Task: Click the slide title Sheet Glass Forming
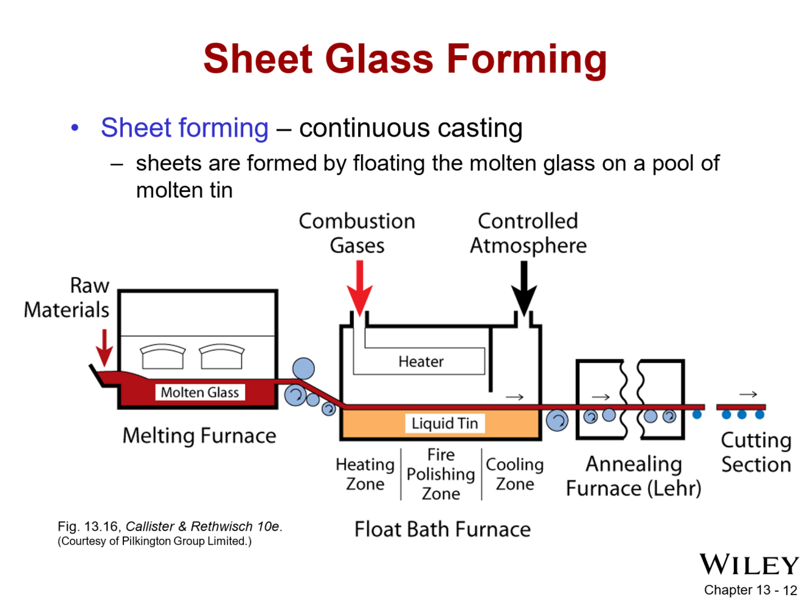point(405,59)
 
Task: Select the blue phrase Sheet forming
point(184,128)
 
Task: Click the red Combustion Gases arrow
point(359,287)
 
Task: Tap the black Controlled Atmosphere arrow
point(523,287)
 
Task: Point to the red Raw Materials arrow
point(105,347)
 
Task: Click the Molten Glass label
point(199,392)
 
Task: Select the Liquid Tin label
point(444,423)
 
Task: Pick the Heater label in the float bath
point(421,361)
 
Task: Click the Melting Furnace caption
point(199,436)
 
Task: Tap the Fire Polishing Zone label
point(441,474)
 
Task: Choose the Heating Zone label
point(365,474)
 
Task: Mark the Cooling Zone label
point(514,474)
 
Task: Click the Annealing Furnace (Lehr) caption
point(633,476)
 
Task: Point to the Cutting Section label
point(756,453)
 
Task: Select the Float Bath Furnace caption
point(442,529)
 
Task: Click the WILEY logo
point(749,565)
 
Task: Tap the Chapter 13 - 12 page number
point(750,590)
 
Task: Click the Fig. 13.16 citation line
point(170,527)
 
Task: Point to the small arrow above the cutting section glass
point(748,394)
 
